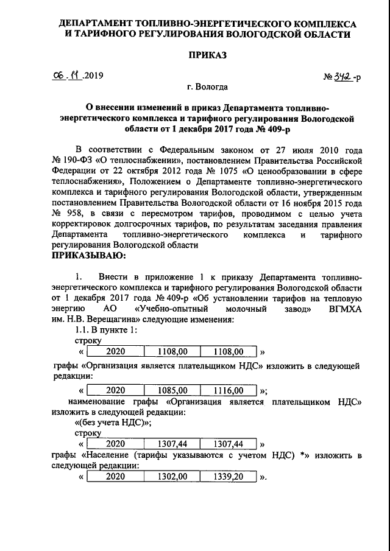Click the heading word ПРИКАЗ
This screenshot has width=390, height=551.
click(207, 55)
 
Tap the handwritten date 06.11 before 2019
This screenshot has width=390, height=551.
click(68, 76)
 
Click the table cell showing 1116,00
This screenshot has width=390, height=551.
click(227, 390)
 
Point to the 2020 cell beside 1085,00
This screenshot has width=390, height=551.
click(115, 390)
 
